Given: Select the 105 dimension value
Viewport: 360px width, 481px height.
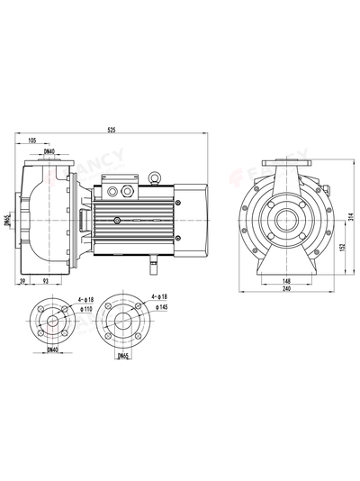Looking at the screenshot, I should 32,141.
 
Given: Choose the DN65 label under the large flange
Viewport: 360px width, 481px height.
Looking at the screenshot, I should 123,356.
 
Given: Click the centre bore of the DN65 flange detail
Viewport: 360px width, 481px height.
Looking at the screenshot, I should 123,320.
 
